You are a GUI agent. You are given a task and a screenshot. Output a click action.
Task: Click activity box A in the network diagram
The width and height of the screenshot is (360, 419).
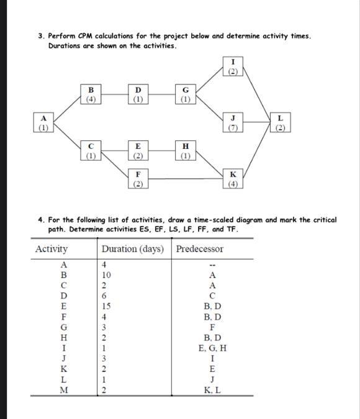click(42, 122)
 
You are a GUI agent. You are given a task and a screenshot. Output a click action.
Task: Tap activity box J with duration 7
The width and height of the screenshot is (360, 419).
click(233, 122)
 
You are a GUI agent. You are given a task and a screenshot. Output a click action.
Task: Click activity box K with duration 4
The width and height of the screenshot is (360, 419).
click(233, 179)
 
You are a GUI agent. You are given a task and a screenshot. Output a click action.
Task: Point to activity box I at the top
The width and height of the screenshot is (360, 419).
click(233, 65)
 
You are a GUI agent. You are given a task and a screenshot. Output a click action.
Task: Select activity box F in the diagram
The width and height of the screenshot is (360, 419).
click(137, 179)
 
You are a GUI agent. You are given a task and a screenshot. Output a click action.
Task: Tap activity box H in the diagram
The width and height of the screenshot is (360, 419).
click(184, 150)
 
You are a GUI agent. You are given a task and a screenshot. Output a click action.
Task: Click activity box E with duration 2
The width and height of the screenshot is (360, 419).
click(137, 150)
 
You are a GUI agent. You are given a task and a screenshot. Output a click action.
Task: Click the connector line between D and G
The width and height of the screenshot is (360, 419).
click(161, 94)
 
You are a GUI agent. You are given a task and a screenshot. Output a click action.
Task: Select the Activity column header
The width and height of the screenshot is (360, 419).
click(52, 249)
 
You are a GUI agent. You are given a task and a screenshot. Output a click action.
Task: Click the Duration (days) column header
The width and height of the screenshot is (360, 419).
click(133, 249)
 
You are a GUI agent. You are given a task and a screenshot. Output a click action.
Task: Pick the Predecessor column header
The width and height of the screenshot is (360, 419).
click(200, 249)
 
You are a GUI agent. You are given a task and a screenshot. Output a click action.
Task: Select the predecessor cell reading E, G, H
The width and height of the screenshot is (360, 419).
click(213, 348)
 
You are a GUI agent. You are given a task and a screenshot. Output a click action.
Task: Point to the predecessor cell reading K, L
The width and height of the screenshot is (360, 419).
click(213, 390)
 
